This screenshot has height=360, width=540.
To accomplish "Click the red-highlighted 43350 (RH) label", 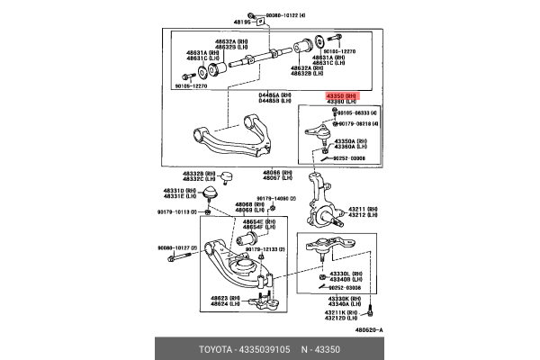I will (341, 94).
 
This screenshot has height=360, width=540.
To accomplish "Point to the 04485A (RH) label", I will (275, 94).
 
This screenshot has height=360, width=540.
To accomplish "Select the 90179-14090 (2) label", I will (276, 198).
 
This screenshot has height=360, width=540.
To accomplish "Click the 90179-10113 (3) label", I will (172, 212).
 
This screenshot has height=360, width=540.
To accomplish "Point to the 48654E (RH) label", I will (249, 220).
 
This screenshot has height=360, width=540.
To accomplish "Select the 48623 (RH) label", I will (225, 297).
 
